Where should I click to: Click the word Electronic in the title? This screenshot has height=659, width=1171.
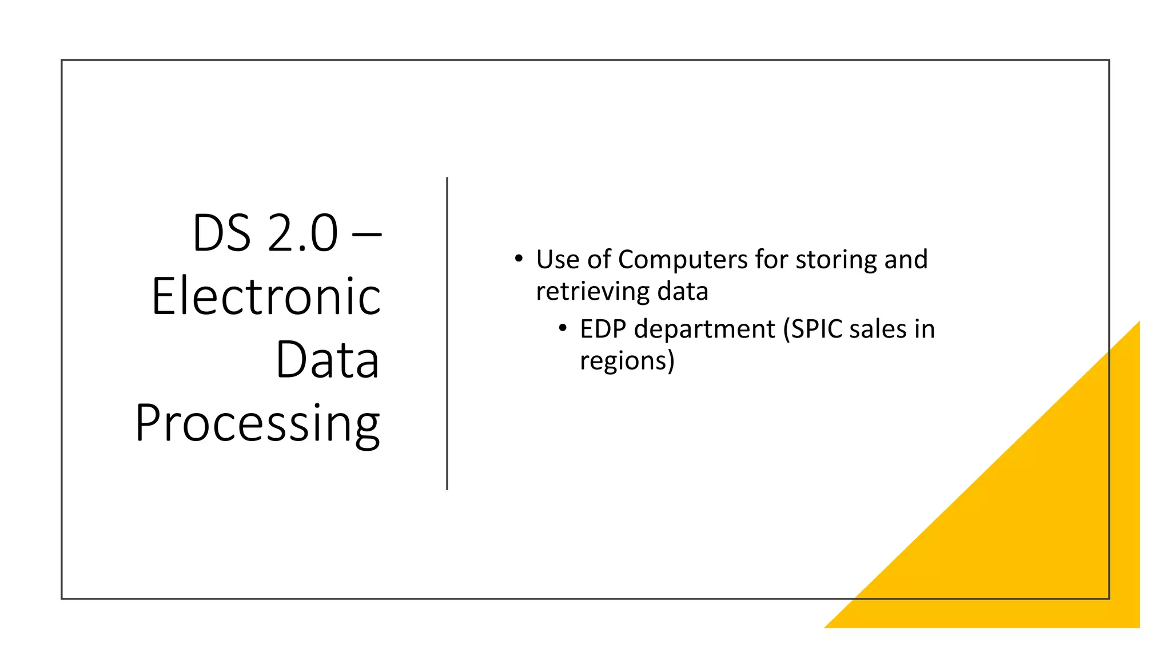(266, 296)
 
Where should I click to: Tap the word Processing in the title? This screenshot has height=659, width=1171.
(257, 423)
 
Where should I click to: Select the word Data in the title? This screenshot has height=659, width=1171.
(327, 360)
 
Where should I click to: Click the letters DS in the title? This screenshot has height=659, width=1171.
(222, 233)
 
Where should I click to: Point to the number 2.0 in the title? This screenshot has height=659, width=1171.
(302, 233)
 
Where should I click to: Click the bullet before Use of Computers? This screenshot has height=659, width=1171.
(519, 259)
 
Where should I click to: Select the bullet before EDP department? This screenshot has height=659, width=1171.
(563, 328)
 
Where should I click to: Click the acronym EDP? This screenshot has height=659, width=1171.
(603, 329)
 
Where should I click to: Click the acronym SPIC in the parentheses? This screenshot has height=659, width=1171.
(813, 329)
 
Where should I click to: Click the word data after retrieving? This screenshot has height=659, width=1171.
(683, 292)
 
